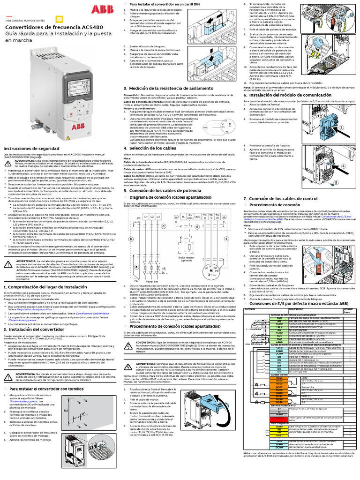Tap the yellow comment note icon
click(59, 18)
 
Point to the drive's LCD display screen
click(72, 88)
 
